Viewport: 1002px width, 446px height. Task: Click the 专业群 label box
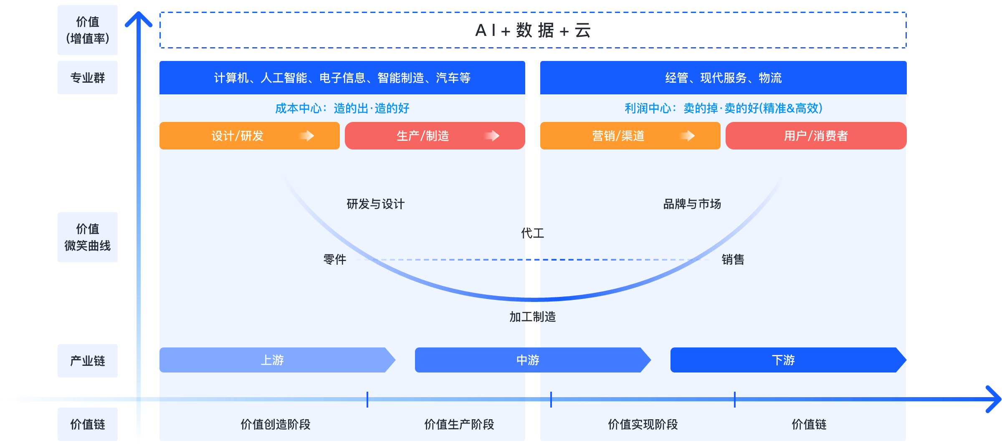point(88,78)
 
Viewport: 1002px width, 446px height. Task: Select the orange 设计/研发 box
point(249,136)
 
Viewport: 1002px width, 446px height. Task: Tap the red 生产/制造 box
point(435,136)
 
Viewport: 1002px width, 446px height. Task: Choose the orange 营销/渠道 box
point(630,136)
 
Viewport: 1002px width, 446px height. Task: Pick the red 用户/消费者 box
point(816,136)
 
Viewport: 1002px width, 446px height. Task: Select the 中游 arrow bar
point(528,360)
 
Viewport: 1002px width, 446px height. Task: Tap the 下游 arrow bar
point(783,360)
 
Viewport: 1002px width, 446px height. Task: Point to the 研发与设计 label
point(376,204)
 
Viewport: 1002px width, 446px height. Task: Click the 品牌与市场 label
point(692,204)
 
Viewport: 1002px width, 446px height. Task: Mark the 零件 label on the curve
point(335,260)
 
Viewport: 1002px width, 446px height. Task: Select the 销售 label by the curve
point(733,260)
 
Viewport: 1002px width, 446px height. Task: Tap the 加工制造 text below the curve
point(532,317)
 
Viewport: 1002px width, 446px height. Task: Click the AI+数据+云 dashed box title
point(533,30)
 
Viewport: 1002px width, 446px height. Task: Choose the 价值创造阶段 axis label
point(276,425)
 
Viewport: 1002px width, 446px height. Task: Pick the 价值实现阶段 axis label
point(643,425)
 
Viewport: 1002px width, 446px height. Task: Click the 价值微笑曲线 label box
point(88,237)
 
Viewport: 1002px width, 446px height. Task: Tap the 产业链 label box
point(88,361)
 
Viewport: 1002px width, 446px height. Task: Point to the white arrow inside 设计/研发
point(307,136)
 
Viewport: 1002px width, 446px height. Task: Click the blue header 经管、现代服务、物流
point(723,78)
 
